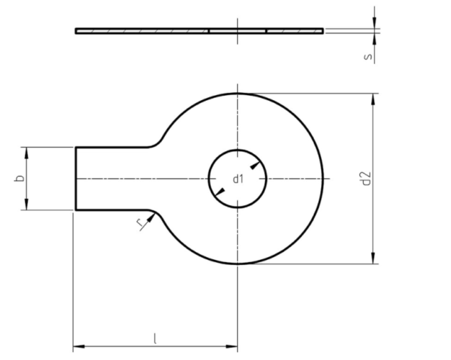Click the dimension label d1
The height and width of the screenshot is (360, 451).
tap(238, 179)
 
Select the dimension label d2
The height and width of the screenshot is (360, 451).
tap(367, 178)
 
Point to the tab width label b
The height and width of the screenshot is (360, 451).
tap(20, 178)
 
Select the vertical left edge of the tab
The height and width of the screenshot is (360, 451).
tap(76, 179)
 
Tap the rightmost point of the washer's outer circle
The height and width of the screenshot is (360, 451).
tap(323, 179)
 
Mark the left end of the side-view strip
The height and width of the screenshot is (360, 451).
tap(76, 31)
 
